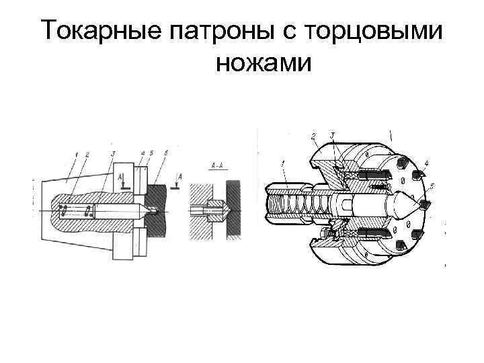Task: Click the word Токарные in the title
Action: coord(99,31)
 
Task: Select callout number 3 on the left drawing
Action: coord(114,154)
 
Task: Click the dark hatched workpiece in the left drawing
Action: coord(165,208)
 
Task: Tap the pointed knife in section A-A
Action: coord(218,210)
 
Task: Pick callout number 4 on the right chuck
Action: coord(428,162)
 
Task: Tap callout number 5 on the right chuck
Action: coord(432,185)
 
